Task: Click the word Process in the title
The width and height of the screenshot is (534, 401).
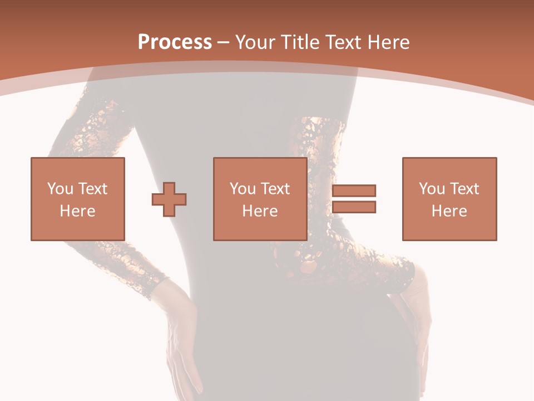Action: click(175, 42)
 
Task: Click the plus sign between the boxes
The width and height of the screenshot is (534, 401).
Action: click(169, 199)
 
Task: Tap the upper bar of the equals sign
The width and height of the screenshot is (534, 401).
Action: click(354, 190)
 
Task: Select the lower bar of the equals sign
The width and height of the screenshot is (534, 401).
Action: click(354, 207)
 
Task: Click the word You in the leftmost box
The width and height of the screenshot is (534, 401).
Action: click(60, 188)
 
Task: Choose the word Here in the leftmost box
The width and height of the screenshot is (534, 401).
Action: click(77, 211)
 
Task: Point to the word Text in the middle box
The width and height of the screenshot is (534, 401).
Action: click(275, 188)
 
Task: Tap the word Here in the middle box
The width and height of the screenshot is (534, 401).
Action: click(260, 211)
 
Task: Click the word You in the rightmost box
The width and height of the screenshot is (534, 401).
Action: click(431, 188)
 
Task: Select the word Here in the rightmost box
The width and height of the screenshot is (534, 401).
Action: click(449, 211)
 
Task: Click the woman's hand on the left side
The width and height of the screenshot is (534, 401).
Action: click(181, 340)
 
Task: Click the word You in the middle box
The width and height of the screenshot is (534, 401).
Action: click(242, 188)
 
